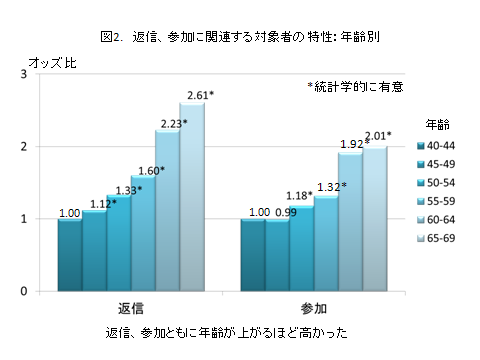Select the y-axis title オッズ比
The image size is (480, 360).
pyautogui.click(x=53, y=63)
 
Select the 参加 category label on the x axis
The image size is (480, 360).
pyautogui.click(x=314, y=305)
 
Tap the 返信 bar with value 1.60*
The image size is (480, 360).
pyautogui.click(x=143, y=235)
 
